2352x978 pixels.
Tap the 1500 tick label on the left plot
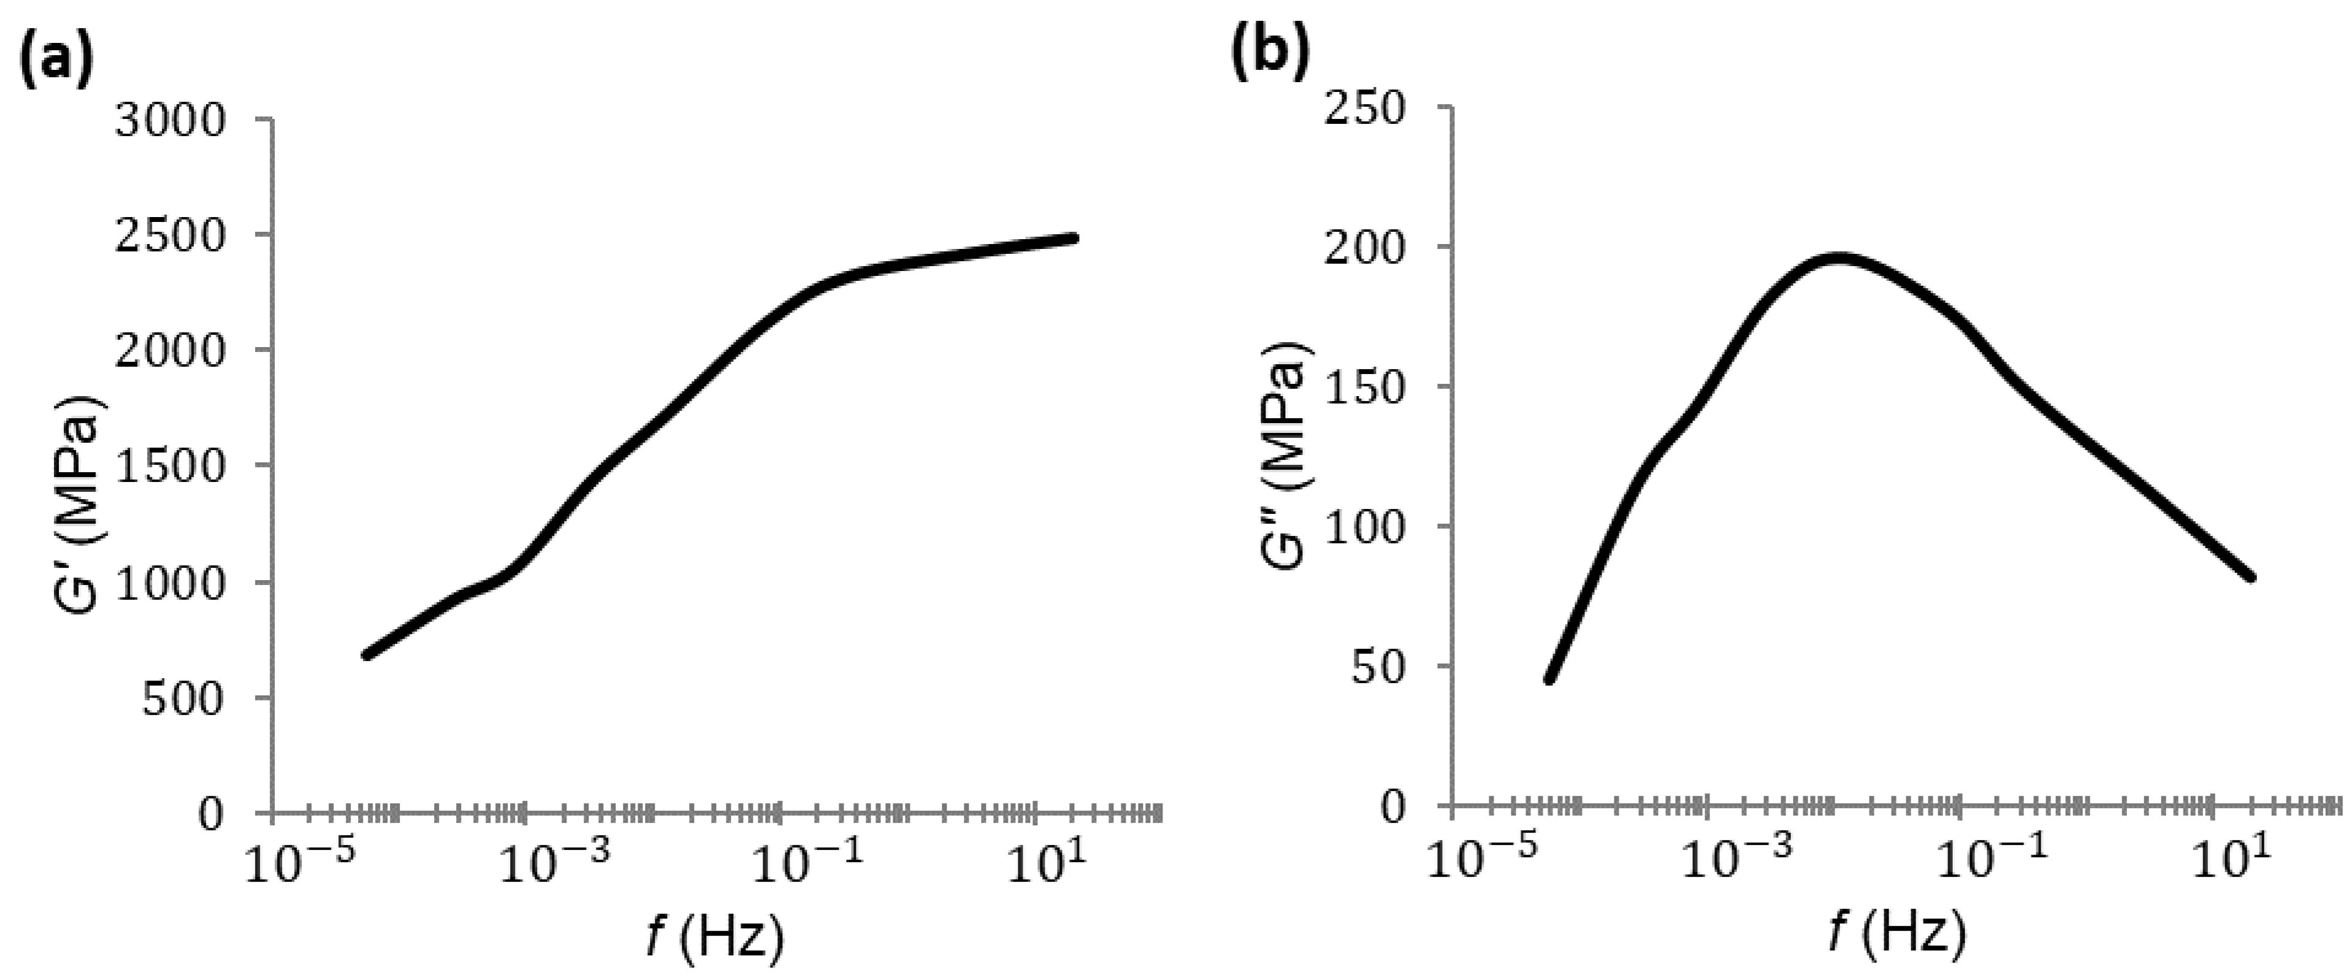[x=170, y=466]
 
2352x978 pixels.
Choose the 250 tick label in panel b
[x=1364, y=109]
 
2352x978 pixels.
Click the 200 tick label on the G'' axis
[x=1364, y=248]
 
